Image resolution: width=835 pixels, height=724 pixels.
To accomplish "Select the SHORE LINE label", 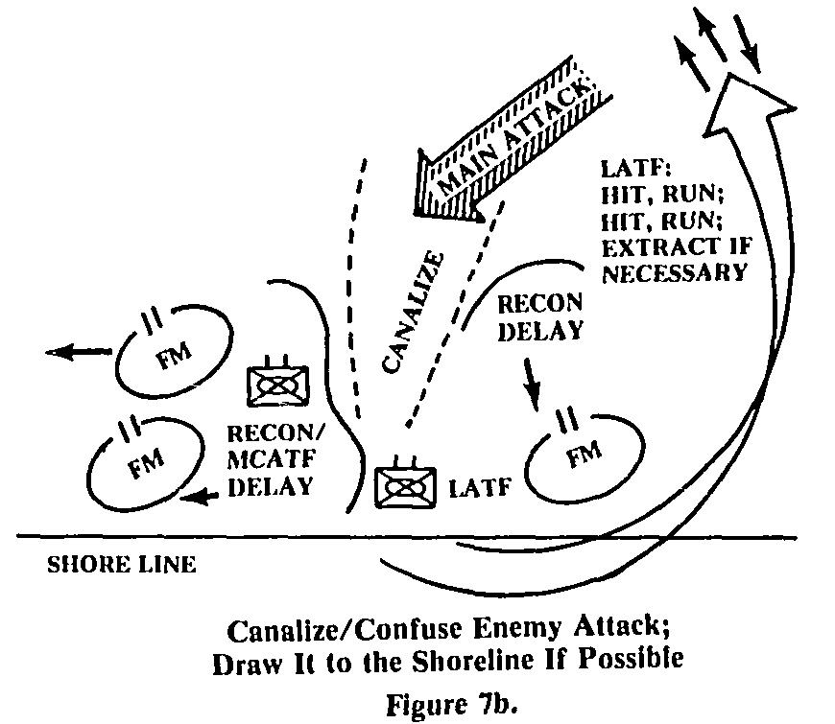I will coord(121,565).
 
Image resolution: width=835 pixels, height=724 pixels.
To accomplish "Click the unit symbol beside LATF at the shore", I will coord(405,486).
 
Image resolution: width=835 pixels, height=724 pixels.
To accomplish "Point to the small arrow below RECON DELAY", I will coord(531,385).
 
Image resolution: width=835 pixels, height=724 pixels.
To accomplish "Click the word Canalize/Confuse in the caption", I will coord(313,631).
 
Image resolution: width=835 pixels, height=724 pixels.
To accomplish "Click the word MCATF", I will coord(262,460).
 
